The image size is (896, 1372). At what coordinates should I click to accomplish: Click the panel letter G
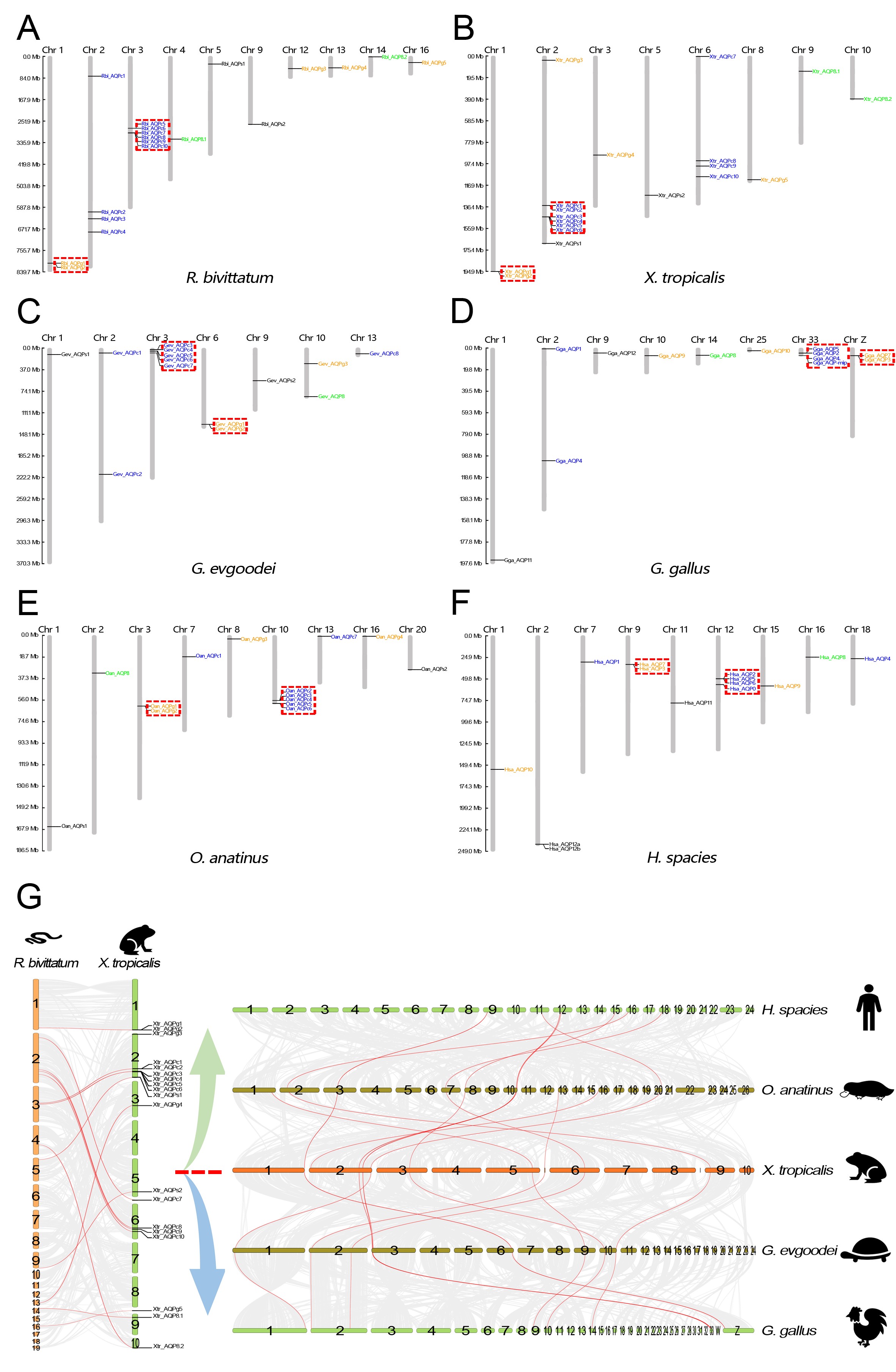tap(29, 896)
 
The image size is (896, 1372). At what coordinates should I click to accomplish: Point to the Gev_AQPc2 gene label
tap(127, 474)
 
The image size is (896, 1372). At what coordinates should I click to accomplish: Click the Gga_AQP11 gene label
tap(518, 560)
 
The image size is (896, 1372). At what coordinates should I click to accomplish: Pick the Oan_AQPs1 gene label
tap(74, 826)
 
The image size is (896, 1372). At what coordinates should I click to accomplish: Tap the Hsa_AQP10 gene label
tap(518, 769)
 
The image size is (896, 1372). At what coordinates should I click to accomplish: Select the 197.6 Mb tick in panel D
tap(470, 563)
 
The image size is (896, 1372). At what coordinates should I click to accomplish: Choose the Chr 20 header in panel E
tap(412, 629)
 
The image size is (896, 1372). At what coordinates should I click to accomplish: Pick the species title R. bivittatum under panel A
tap(230, 278)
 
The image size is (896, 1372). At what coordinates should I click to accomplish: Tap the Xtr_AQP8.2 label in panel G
tap(168, 1346)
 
